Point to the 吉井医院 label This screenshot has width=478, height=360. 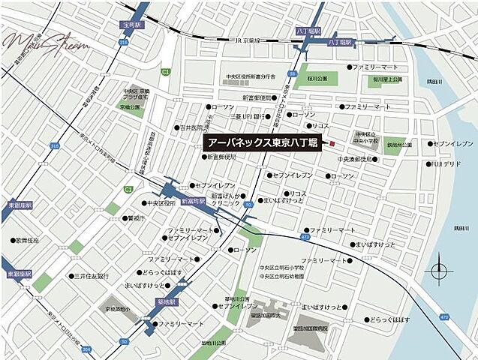pyautogui.click(x=194, y=127)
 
